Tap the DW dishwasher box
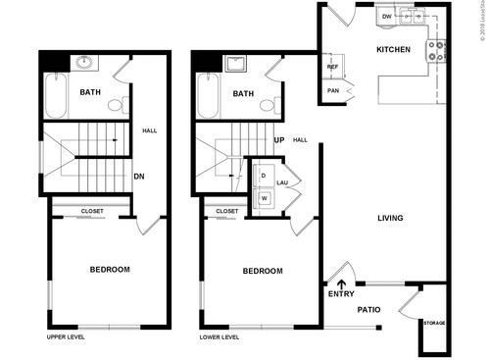[387, 17]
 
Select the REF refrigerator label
[333, 67]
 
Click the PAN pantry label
[333, 92]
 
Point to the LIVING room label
[392, 219]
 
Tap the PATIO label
[368, 309]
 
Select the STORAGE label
[433, 322]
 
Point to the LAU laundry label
[282, 183]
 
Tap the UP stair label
[279, 139]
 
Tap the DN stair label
[139, 178]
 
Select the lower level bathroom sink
[235, 66]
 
